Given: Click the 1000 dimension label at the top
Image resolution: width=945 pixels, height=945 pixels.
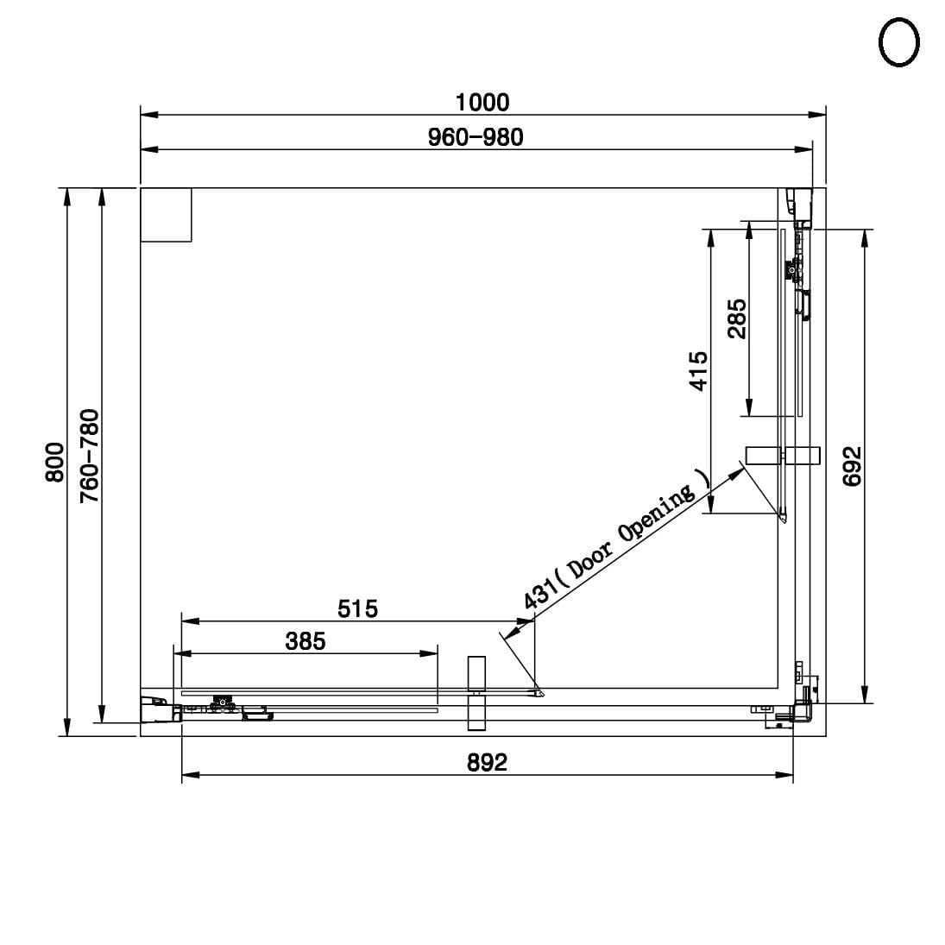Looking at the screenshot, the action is click(x=482, y=103).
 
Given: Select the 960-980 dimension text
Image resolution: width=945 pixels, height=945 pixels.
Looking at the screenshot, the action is click(x=476, y=137).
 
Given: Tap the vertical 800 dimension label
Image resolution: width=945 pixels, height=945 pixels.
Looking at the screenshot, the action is click(x=55, y=463).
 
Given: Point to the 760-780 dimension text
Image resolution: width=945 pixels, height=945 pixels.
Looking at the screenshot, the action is click(x=90, y=456).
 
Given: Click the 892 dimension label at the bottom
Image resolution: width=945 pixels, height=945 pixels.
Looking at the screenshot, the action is click(x=487, y=762).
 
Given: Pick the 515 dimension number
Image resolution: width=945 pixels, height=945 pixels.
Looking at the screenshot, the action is click(x=357, y=608).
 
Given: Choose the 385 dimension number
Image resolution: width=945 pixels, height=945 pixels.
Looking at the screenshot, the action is click(x=306, y=641).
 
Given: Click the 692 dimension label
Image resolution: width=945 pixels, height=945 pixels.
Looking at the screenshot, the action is click(x=852, y=466).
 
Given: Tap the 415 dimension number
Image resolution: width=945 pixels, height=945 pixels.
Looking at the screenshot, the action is click(x=698, y=371).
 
